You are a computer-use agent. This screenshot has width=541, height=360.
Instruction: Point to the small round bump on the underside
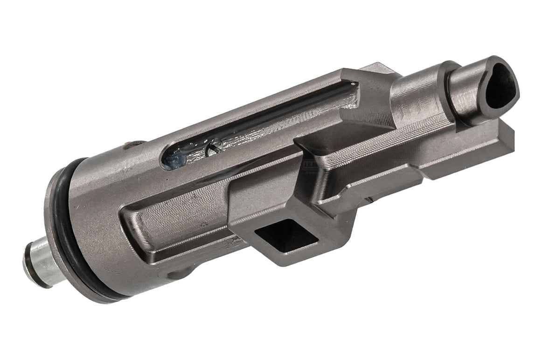tap(174, 275)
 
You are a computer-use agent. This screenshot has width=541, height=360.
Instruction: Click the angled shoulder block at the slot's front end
tap(368, 91)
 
